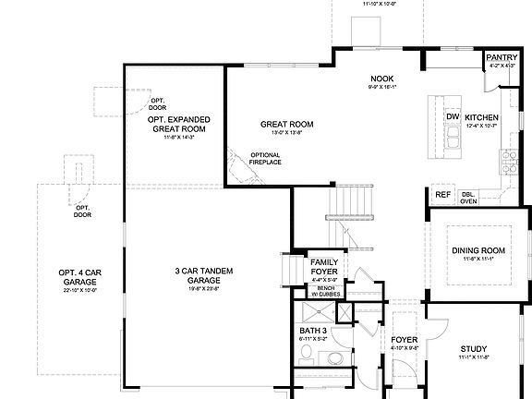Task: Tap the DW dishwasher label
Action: click(x=453, y=117)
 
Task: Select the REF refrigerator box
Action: click(x=443, y=195)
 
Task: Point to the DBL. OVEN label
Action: click(x=468, y=197)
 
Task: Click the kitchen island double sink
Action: click(x=453, y=139)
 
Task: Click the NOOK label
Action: click(x=382, y=79)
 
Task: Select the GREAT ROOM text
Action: click(x=286, y=124)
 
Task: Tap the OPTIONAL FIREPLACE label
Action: click(x=265, y=158)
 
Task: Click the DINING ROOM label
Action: click(x=478, y=250)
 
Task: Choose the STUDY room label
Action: click(x=474, y=349)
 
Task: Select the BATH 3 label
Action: click(x=313, y=330)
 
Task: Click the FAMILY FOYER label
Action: click(x=324, y=268)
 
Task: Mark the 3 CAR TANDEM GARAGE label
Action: click(x=203, y=275)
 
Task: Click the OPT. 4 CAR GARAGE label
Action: click(x=79, y=276)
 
